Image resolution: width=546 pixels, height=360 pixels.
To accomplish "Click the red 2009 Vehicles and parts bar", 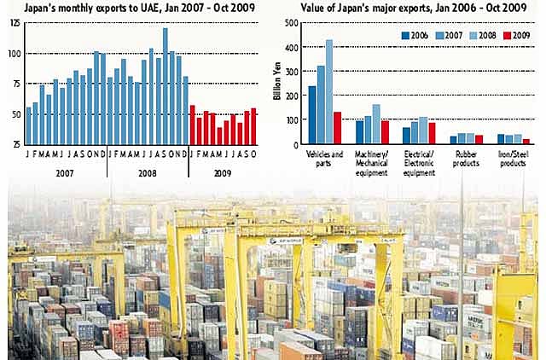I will coord(338,128).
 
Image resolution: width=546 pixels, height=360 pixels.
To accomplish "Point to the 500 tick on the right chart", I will coord(293,24).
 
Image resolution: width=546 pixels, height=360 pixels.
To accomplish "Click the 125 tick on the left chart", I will coord(15,22).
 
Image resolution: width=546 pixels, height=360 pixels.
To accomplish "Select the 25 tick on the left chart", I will coord(15,143).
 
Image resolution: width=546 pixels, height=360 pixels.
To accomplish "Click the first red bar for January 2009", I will coord(192,125).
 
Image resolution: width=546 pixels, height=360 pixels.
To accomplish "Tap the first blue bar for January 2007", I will coord(28,125).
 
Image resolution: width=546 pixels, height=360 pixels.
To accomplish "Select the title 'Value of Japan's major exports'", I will coord(401,7).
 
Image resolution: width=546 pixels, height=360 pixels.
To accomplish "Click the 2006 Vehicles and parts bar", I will coord(312,115).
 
